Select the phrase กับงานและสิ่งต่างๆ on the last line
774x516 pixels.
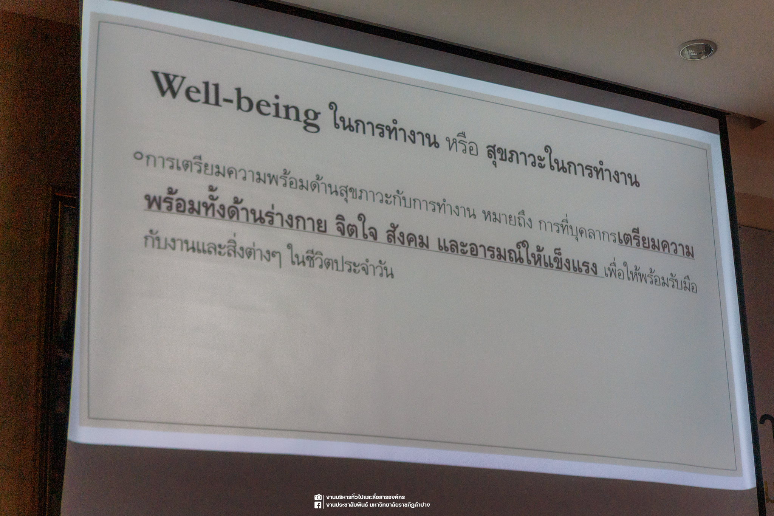(212, 247)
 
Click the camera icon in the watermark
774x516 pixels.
(318, 497)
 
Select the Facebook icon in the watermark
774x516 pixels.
(318, 505)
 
